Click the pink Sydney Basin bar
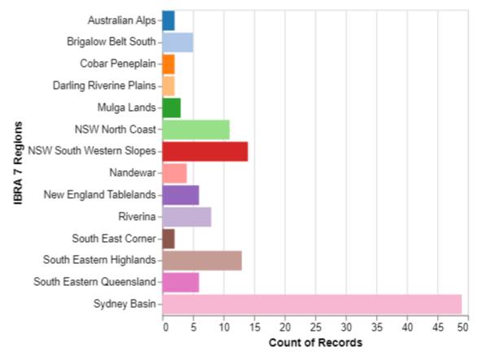(x=312, y=304)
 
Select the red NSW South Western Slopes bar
(x=205, y=151)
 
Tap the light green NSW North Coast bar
(x=196, y=130)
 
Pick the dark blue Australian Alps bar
(x=169, y=20)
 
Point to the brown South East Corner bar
(x=169, y=239)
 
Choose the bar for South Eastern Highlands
(x=202, y=261)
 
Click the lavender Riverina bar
(x=186, y=217)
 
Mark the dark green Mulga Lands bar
(x=172, y=108)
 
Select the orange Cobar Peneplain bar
(x=169, y=64)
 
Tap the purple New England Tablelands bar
(x=181, y=195)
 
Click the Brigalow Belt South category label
(x=112, y=42)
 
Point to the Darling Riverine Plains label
(x=104, y=86)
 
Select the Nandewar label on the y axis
(x=133, y=173)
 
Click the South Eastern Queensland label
(x=94, y=282)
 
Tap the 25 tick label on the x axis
(x=315, y=327)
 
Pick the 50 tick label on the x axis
(x=463, y=327)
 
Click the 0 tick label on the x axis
(x=165, y=327)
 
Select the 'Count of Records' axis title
(x=315, y=343)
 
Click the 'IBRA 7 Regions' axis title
(x=18, y=163)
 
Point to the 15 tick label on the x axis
(x=255, y=327)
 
